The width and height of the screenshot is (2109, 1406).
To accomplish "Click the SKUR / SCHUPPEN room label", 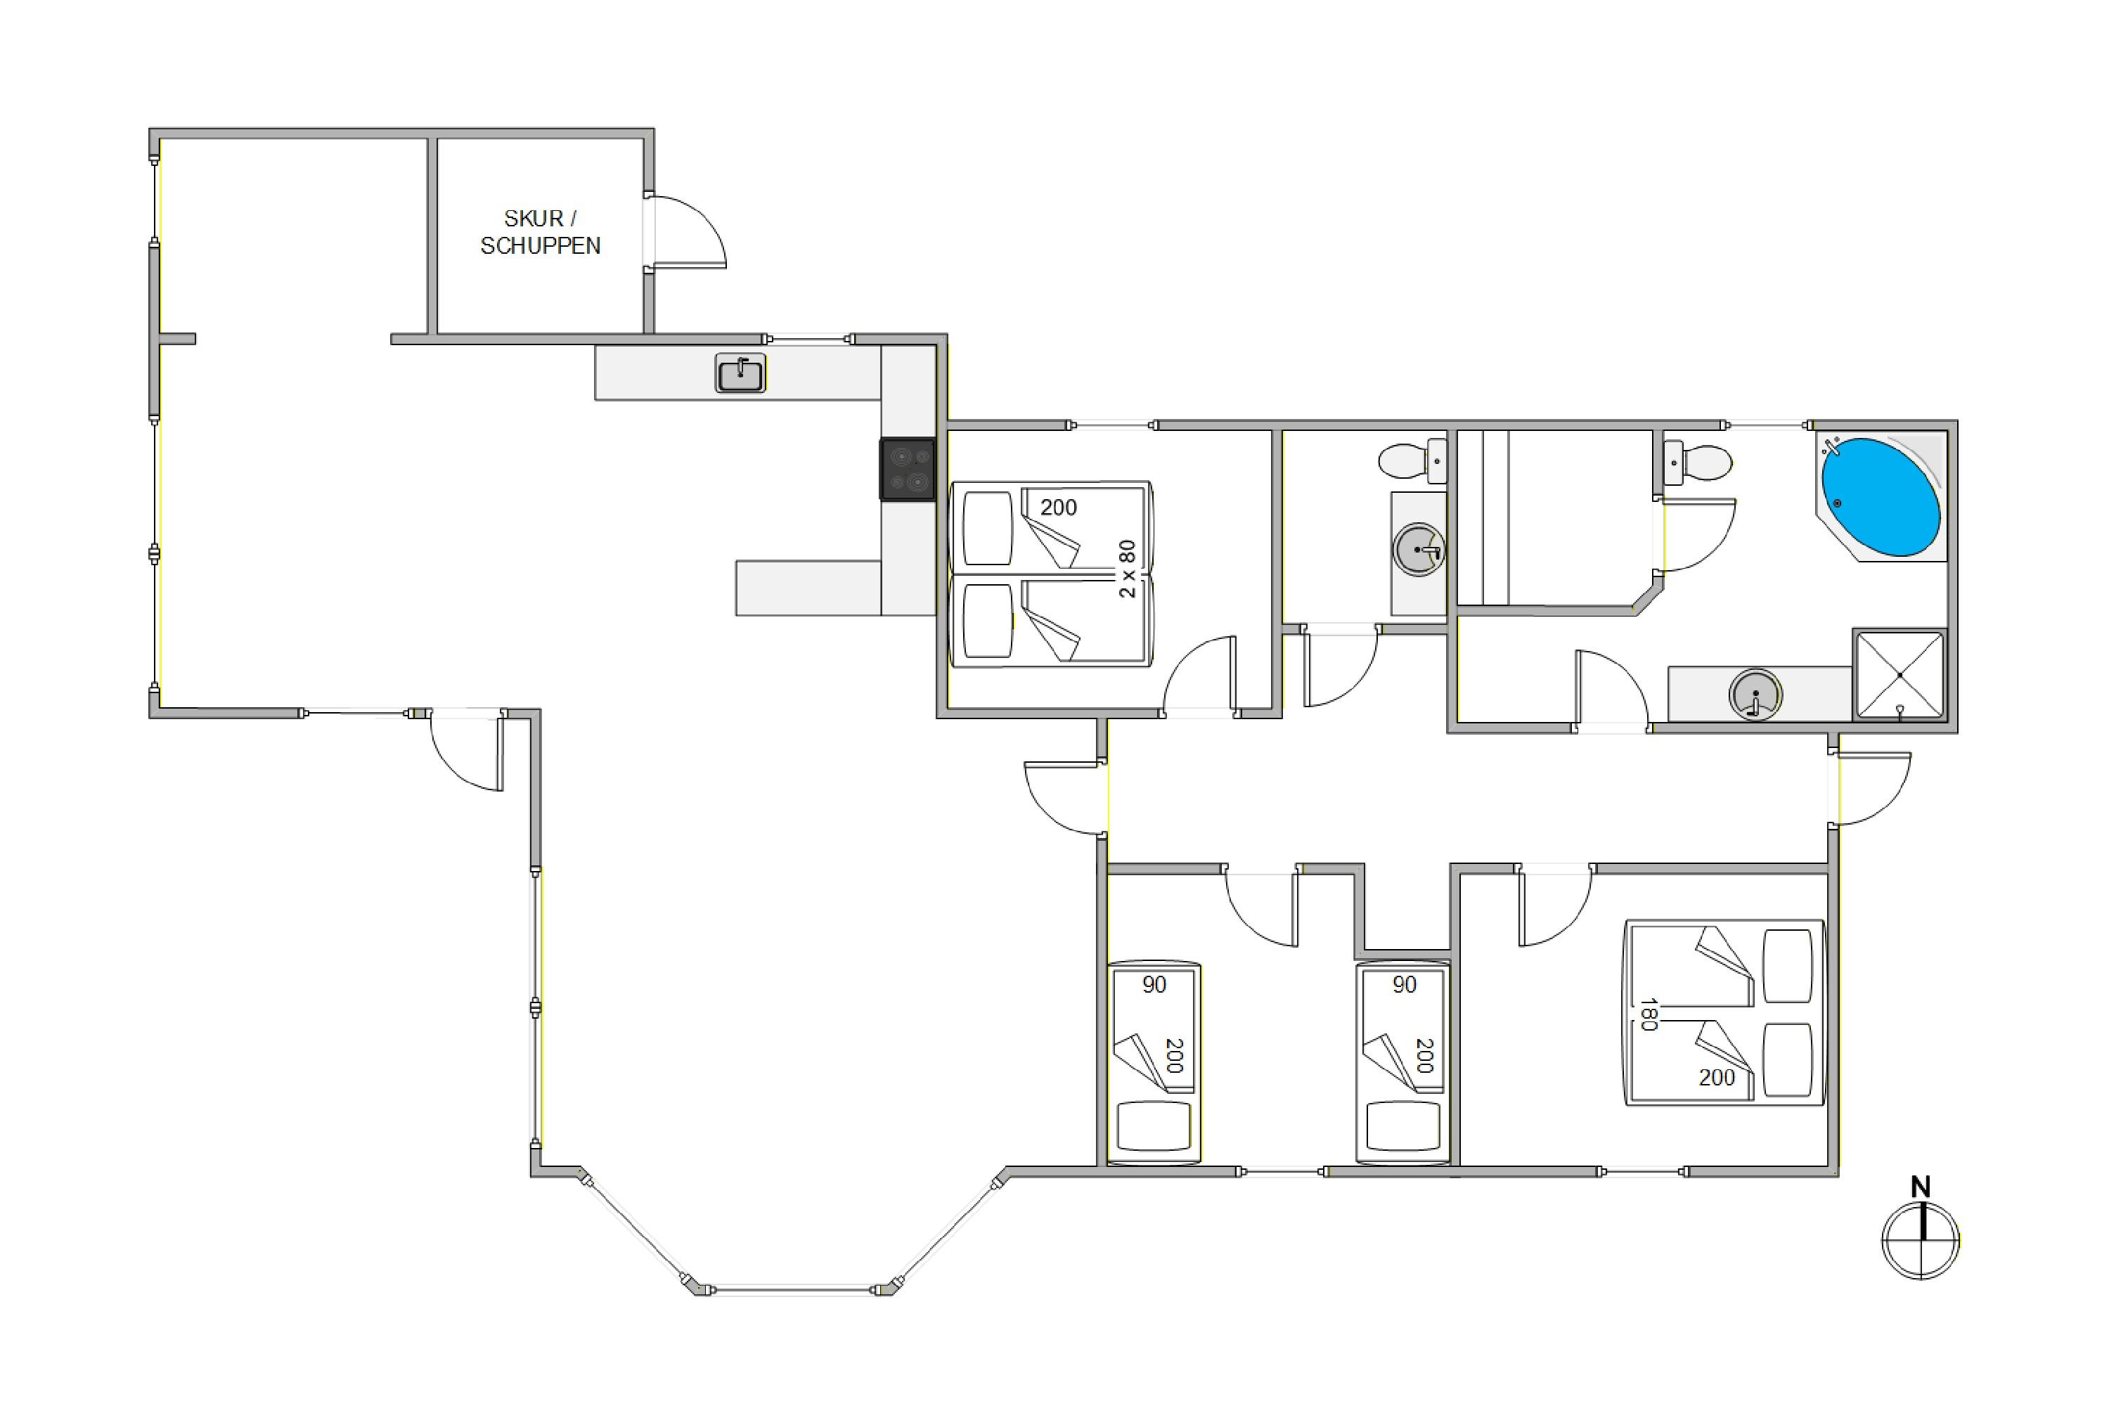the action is [x=540, y=231].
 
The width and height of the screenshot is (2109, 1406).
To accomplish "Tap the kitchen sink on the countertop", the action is [x=741, y=373].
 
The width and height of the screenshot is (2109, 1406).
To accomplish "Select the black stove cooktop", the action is [x=908, y=469].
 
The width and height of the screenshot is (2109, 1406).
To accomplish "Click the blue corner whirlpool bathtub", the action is [x=1881, y=497].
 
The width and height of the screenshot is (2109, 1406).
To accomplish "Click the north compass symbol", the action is [x=1921, y=1241].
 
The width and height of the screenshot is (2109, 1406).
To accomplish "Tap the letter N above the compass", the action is [x=1920, y=1187].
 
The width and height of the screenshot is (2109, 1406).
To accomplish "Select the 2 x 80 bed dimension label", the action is [x=1127, y=569].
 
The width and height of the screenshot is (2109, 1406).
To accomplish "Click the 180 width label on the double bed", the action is [x=1647, y=1014].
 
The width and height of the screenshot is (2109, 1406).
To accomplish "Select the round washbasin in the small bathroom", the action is [x=1419, y=550].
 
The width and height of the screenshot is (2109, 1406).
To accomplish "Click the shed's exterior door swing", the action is [x=688, y=231].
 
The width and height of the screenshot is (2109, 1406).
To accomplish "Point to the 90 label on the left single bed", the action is [x=1154, y=985].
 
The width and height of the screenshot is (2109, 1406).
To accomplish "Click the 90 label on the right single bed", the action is [x=1404, y=985].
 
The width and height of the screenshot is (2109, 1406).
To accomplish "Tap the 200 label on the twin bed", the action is [x=1058, y=508].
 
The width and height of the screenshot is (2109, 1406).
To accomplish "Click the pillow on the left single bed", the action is [x=1154, y=1126].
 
